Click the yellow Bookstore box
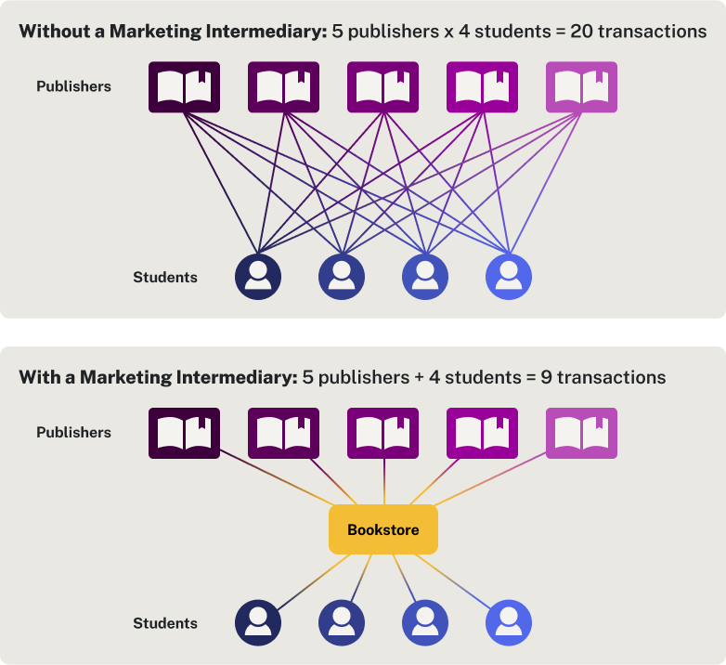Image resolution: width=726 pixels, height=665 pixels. (x=382, y=530)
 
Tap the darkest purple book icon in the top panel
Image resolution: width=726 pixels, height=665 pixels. (x=184, y=87)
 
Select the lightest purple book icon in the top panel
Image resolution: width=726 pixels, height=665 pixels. (x=581, y=87)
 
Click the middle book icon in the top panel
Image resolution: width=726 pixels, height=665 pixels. (x=382, y=87)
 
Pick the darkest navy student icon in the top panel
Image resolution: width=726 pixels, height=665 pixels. (x=258, y=276)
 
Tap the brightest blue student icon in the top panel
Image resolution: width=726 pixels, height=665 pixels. (x=509, y=276)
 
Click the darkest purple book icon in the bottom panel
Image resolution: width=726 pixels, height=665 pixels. (x=184, y=433)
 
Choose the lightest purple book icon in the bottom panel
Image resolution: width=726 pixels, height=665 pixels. (x=581, y=433)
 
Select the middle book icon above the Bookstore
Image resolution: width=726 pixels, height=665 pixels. (x=382, y=433)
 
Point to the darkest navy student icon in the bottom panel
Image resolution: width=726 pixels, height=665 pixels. (x=258, y=622)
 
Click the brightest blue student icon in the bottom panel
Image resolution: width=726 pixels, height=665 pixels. (x=509, y=622)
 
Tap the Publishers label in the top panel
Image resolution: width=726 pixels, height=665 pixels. (x=73, y=86)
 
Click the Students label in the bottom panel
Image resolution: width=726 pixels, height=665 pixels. (x=165, y=623)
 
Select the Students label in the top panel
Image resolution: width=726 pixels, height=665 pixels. (x=165, y=277)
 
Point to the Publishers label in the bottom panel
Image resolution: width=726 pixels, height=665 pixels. (x=73, y=432)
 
